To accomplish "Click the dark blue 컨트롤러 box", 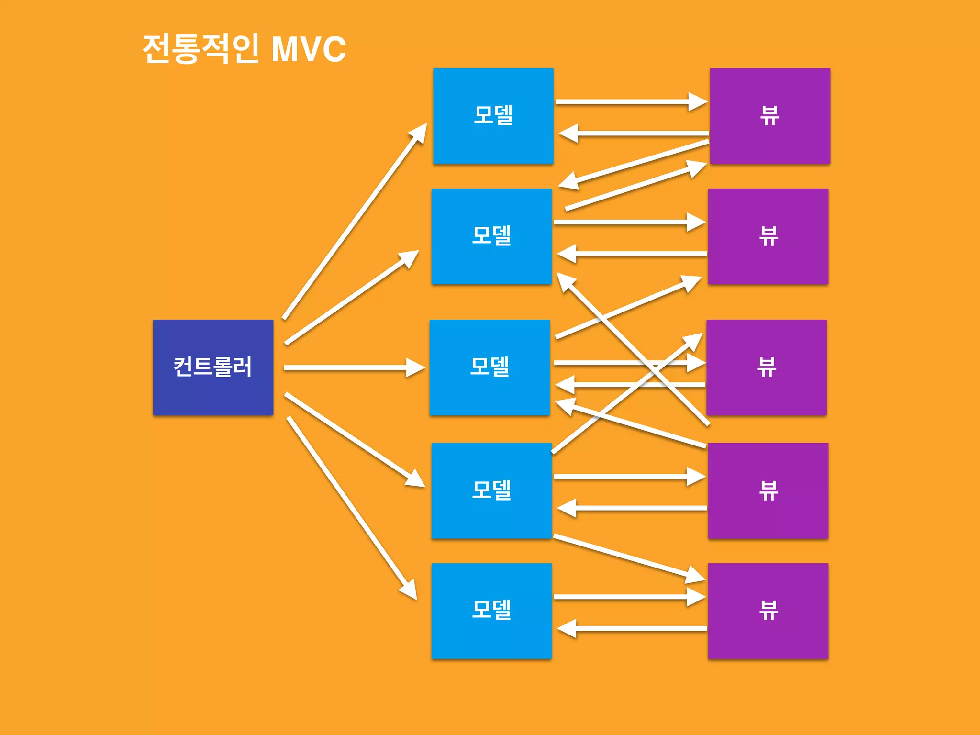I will (213, 367).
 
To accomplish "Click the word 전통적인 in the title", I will (201, 49).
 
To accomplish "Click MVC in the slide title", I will (309, 49).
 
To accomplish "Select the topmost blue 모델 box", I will (493, 116).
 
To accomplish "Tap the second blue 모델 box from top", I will (491, 236).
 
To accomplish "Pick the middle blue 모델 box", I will (490, 367).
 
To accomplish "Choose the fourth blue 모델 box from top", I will (491, 490).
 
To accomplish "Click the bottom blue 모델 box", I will (491, 611).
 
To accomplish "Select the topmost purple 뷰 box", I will (770, 116).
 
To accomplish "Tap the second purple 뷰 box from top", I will (768, 236).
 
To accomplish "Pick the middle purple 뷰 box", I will (766, 367).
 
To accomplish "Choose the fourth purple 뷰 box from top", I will (768, 490).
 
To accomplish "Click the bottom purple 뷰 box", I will (768, 611).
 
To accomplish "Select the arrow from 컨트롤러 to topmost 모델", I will (354, 220).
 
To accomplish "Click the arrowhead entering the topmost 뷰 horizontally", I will (697, 101).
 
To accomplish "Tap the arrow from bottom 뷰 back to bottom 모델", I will (632, 628).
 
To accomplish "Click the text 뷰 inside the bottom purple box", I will (768, 611).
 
